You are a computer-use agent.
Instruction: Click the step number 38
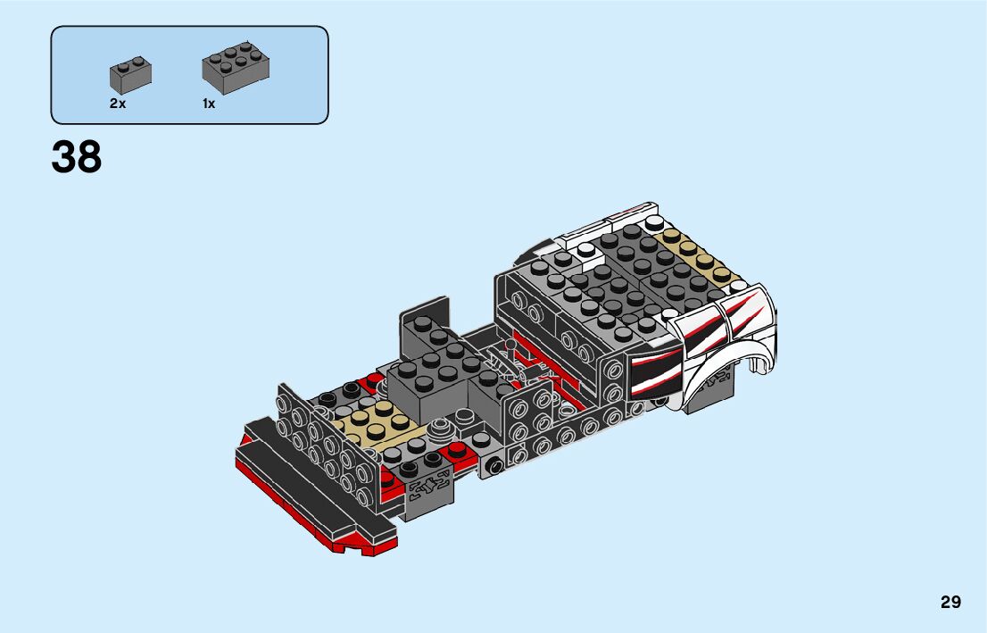[76, 157]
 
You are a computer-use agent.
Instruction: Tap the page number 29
[950, 602]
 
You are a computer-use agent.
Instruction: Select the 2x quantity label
[118, 104]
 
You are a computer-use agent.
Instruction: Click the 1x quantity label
[209, 104]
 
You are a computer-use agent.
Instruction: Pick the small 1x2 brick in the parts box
[130, 75]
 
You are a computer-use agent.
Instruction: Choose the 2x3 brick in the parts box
[236, 67]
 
